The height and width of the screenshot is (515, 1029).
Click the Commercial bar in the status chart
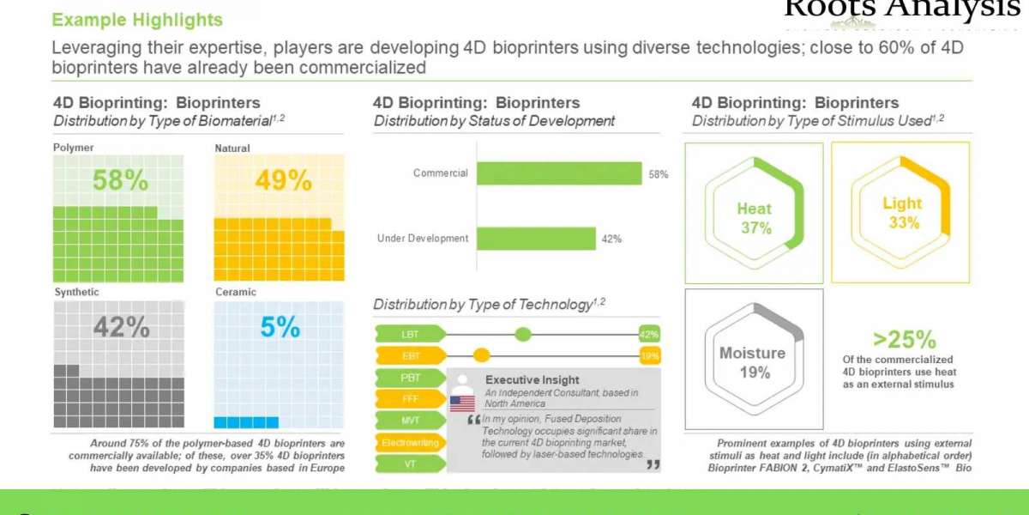tap(558, 173)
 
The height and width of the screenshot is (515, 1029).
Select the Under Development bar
tap(536, 239)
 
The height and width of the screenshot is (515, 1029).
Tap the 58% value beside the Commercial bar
tap(659, 174)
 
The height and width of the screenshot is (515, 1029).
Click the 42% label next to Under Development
tap(611, 239)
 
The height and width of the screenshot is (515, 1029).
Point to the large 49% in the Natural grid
tap(283, 180)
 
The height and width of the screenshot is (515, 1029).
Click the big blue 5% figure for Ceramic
tap(280, 327)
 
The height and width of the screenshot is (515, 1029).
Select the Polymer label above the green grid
tap(74, 148)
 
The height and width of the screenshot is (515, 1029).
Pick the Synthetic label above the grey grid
tap(76, 292)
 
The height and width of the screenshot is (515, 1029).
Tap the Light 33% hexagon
tap(902, 213)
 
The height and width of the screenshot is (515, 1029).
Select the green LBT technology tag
tap(410, 334)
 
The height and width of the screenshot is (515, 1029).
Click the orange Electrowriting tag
tap(410, 442)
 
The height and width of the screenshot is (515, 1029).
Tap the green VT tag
tap(410, 463)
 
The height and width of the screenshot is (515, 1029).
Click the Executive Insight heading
tap(532, 379)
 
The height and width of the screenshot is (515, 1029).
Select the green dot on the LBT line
tap(523, 334)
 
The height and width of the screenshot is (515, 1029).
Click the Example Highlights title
tap(137, 20)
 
